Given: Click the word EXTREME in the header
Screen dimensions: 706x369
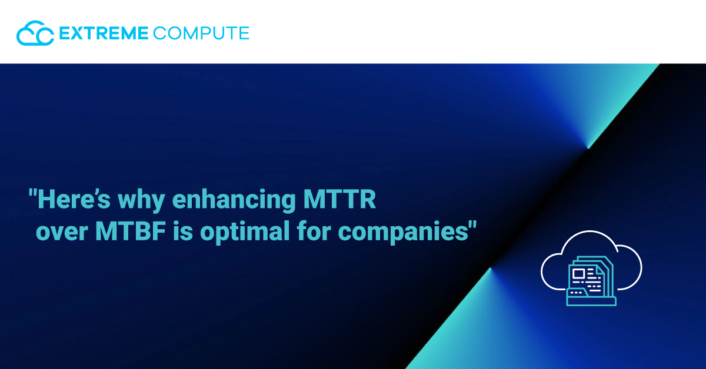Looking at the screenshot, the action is click(x=104, y=33).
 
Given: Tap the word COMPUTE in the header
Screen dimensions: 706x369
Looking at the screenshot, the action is click(x=201, y=33).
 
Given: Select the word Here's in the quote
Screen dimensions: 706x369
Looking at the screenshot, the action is click(x=74, y=199).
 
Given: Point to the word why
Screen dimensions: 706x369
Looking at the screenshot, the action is click(x=142, y=201).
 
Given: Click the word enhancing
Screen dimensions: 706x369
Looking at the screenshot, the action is click(x=234, y=201).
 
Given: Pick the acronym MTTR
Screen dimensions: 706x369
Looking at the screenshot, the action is click(x=339, y=199).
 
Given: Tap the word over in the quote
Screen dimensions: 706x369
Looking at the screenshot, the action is click(x=62, y=233).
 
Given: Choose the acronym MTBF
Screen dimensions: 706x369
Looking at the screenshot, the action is click(x=131, y=232).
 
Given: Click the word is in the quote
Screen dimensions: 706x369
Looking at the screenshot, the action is click(x=183, y=232).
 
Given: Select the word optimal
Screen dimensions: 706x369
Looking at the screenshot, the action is click(x=245, y=233).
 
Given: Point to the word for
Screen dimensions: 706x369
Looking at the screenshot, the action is click(x=314, y=231).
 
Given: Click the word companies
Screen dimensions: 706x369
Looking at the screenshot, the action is click(x=403, y=233).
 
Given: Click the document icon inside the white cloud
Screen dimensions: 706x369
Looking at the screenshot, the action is click(x=591, y=281).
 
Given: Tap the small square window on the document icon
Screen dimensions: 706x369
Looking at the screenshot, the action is click(x=579, y=274).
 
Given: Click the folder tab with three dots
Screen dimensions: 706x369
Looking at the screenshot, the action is click(x=577, y=293).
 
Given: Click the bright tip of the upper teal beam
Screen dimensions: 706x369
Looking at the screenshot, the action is click(x=588, y=147).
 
